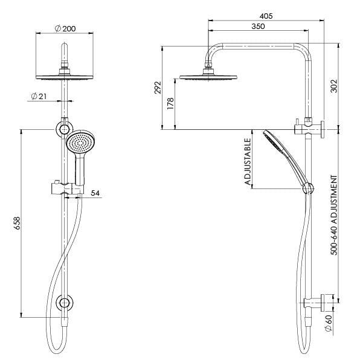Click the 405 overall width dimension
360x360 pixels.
(265, 16)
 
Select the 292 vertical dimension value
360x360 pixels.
(159, 88)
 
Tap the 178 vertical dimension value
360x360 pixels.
(172, 104)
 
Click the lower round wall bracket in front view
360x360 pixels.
(63, 303)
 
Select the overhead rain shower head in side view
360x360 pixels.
(209, 77)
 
